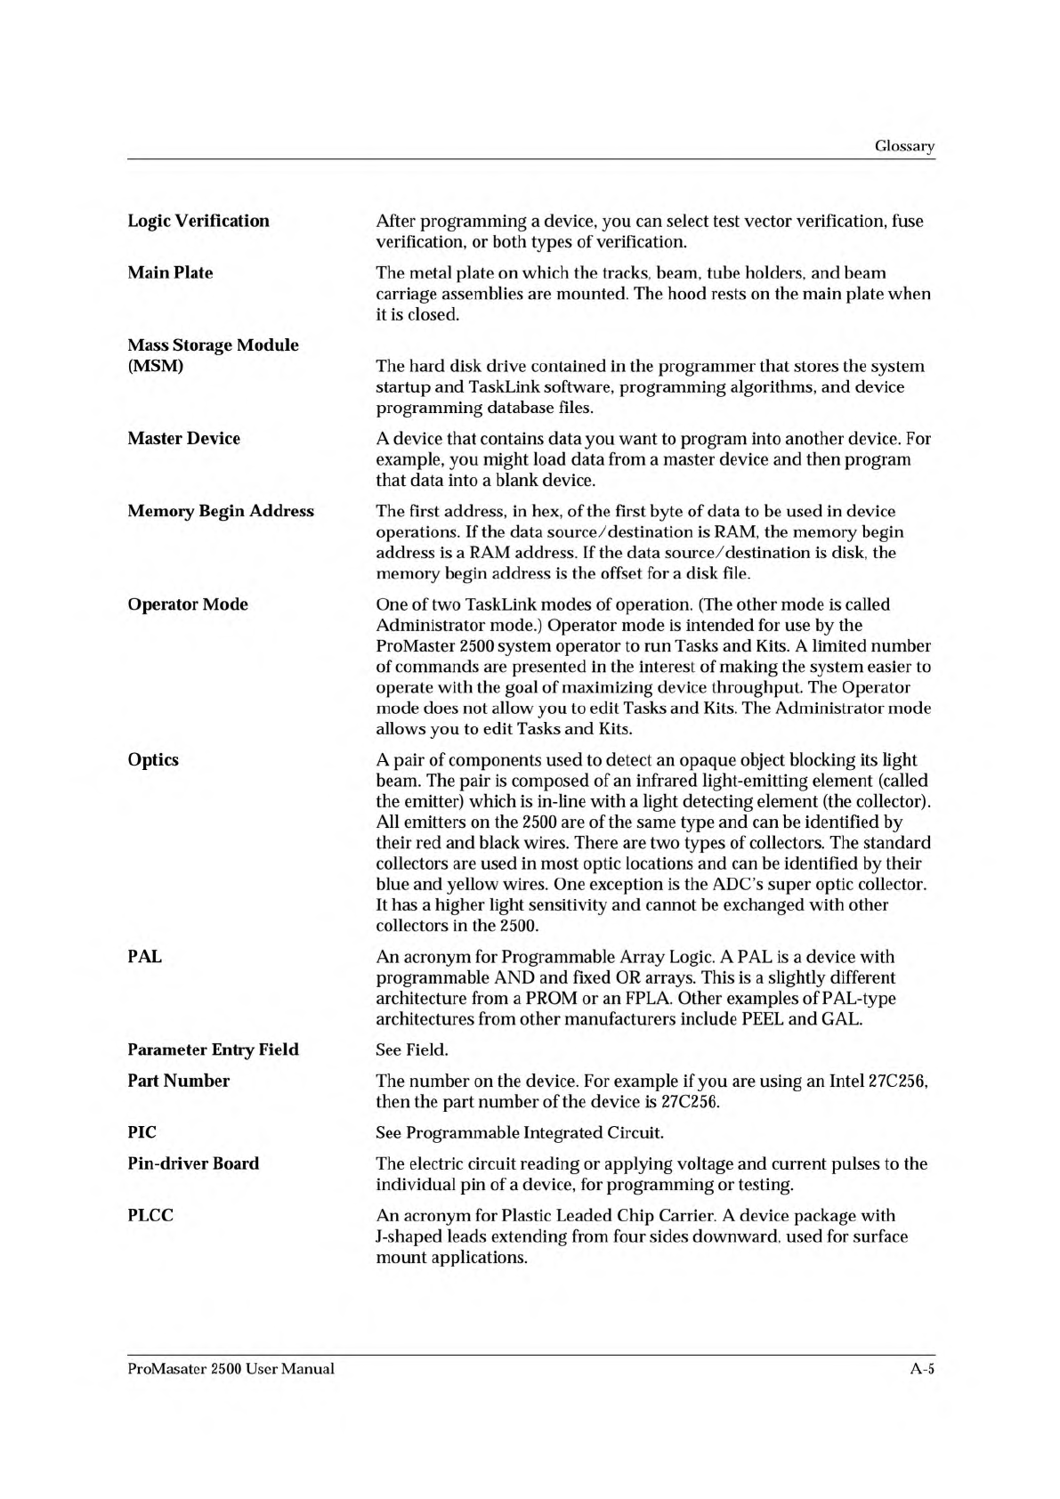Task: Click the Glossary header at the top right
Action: click(x=904, y=147)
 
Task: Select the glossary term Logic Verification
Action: click(x=198, y=221)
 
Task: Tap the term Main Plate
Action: click(x=170, y=272)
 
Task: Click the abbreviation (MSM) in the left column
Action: click(x=155, y=366)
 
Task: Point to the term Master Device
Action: click(x=183, y=438)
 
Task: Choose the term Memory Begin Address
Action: click(x=221, y=511)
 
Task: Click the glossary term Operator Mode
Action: click(x=188, y=604)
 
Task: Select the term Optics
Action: click(x=153, y=759)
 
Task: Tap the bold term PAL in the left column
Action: click(x=145, y=957)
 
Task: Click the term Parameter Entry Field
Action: click(x=214, y=1049)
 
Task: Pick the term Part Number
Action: click(x=178, y=1081)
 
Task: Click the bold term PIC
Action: click(x=142, y=1132)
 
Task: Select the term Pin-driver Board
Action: click(x=193, y=1163)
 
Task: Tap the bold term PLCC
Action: click(x=150, y=1215)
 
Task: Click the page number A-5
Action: click(x=921, y=1369)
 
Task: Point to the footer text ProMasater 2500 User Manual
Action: click(x=231, y=1369)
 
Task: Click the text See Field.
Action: click(x=412, y=1050)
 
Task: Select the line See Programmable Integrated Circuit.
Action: click(x=520, y=1133)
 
